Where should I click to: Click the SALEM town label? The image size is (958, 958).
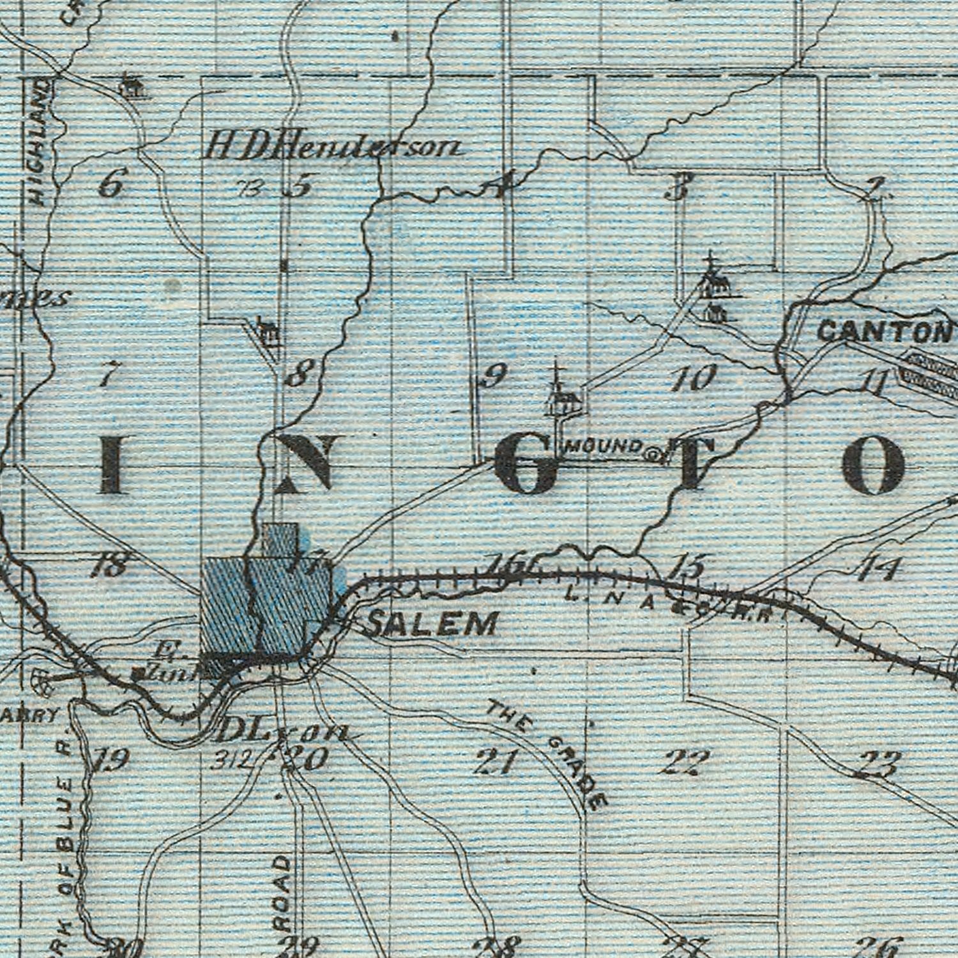pos(432,623)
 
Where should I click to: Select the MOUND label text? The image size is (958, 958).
pos(604,446)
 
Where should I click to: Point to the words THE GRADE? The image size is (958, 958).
pos(547,754)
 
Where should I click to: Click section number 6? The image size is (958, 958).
pos(111,184)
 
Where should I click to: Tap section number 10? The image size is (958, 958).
pos(694,377)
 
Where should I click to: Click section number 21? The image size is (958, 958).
pos(495,762)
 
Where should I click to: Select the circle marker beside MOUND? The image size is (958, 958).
pos(653,455)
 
